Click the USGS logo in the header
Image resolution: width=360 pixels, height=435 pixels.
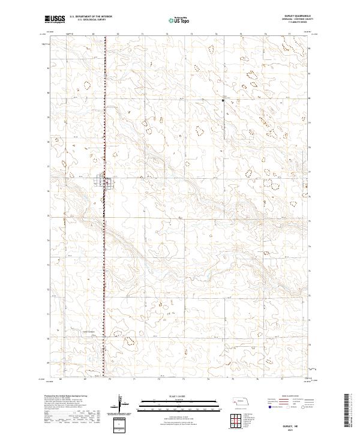[53, 19]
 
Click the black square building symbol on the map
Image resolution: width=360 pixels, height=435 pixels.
[223, 101]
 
